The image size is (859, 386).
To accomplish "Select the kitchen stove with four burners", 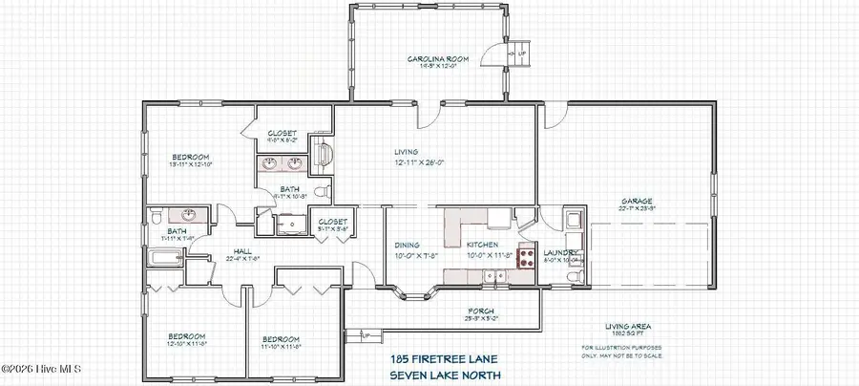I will [x=526, y=256].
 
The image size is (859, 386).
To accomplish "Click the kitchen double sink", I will [x=493, y=277].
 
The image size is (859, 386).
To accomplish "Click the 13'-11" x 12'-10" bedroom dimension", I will [x=190, y=165].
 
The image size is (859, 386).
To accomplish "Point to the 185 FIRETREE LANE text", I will [x=438, y=357].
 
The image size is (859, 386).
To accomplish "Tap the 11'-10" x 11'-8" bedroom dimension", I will [x=282, y=347].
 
